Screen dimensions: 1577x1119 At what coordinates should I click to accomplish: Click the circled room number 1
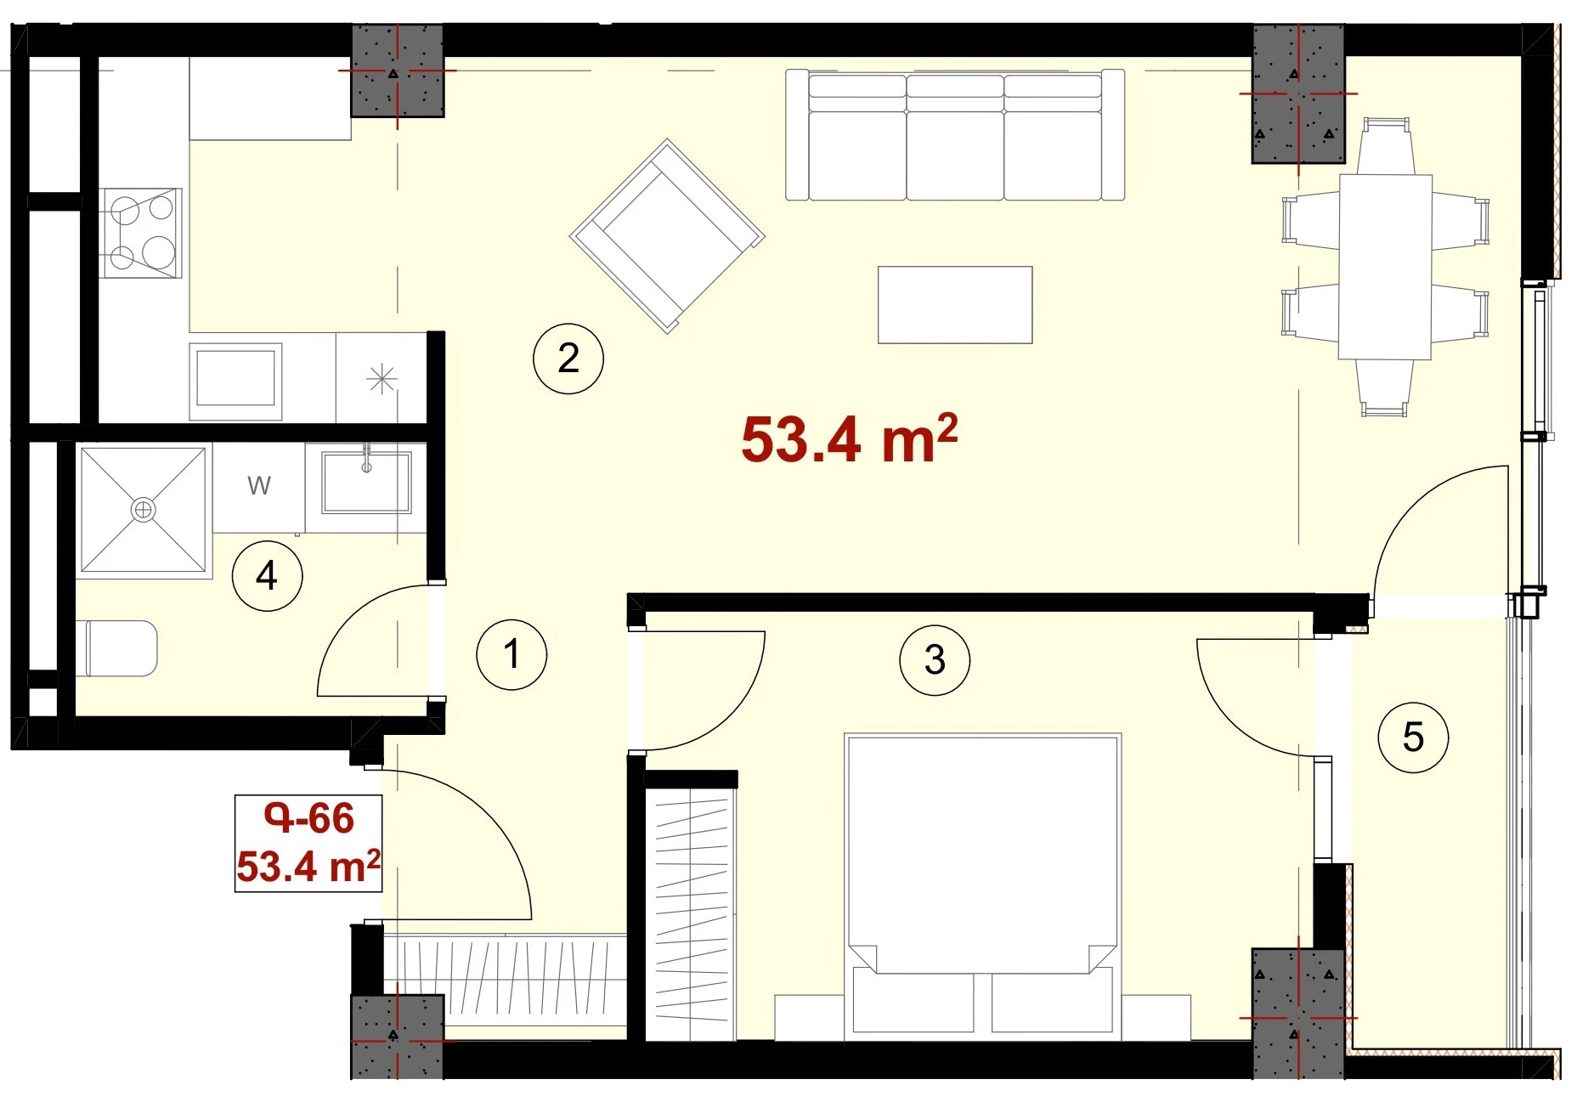(512, 654)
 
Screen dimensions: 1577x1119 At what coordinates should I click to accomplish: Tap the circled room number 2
(568, 359)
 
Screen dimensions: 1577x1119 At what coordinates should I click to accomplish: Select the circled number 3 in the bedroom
(935, 660)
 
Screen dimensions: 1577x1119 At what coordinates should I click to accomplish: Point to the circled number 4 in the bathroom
(267, 576)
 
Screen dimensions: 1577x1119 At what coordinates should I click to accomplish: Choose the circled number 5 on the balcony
(1413, 737)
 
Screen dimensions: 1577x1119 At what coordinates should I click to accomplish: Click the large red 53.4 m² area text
(850, 439)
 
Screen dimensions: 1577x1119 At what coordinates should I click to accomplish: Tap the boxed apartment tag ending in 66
(308, 843)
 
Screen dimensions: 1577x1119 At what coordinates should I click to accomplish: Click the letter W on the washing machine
(259, 486)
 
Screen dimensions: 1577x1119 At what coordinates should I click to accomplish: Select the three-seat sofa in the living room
(955, 135)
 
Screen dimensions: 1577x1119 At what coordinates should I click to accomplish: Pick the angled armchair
(667, 235)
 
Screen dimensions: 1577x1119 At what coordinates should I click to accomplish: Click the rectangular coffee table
(955, 305)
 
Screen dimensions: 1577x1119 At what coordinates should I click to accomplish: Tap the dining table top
(1386, 267)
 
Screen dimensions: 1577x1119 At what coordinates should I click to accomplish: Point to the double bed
(982, 886)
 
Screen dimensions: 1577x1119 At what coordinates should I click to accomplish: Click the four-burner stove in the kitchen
(141, 233)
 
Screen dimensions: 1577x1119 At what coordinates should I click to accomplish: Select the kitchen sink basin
(235, 380)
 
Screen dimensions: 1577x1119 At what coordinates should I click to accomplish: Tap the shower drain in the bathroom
(143, 510)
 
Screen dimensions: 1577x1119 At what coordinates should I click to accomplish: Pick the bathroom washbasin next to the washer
(366, 482)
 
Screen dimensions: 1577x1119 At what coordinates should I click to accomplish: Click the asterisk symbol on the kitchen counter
(382, 379)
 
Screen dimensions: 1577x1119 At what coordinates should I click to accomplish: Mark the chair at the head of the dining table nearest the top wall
(1386, 146)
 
